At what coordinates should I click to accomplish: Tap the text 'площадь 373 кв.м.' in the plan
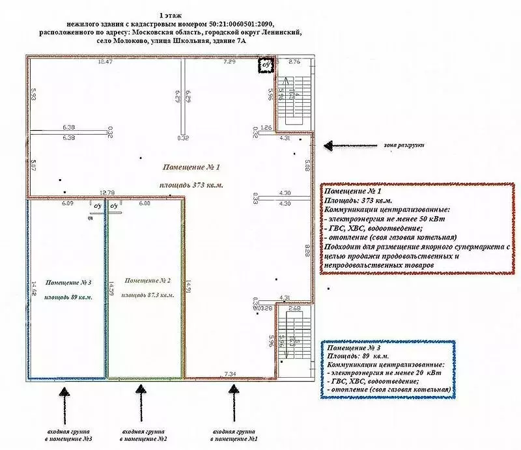pyautogui.click(x=191, y=185)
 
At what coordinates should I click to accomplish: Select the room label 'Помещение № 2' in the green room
pyautogui.click(x=147, y=281)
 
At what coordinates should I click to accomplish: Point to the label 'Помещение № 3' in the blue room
pyautogui.click(x=68, y=283)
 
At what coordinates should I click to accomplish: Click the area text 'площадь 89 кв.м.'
pyautogui.click(x=68, y=297)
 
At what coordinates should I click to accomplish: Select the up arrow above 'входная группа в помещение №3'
pyautogui.click(x=64, y=404)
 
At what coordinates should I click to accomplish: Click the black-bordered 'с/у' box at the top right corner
pyautogui.click(x=266, y=65)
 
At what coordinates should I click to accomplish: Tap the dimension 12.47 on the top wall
pyautogui.click(x=105, y=62)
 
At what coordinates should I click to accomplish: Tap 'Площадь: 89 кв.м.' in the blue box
pyautogui.click(x=356, y=357)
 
